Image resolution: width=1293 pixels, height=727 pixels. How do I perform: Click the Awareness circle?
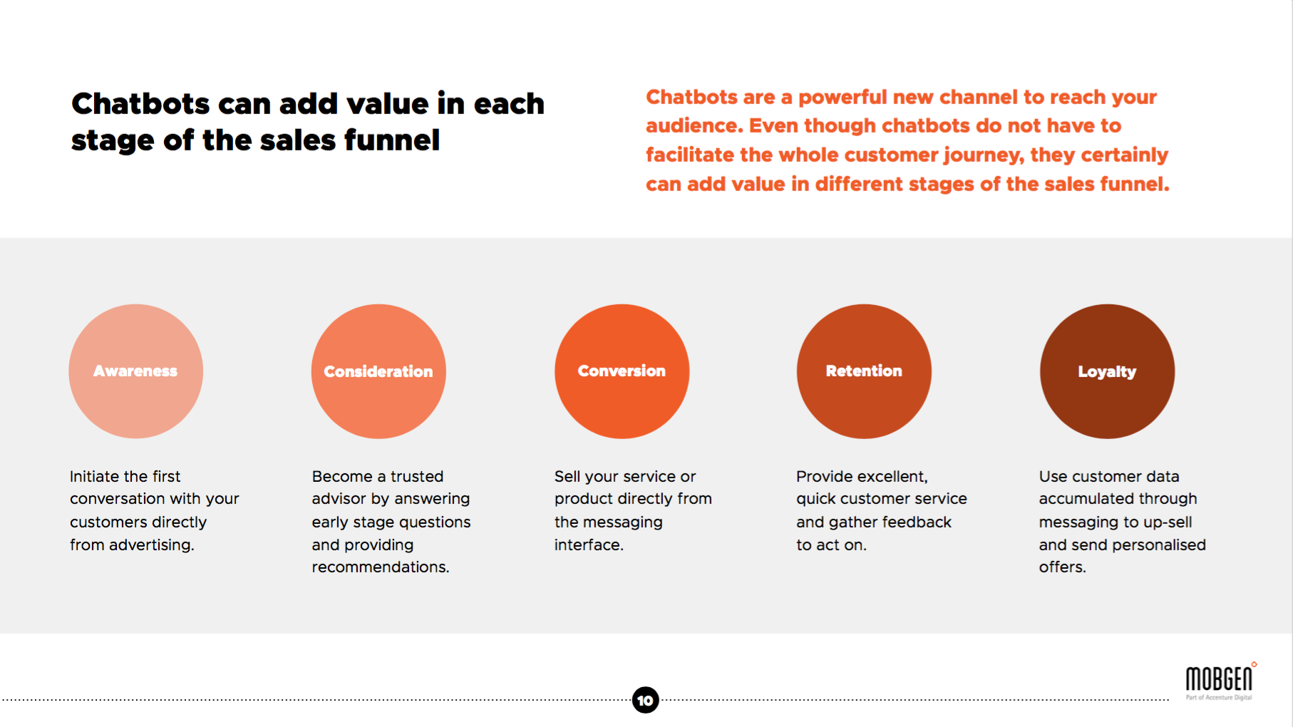[135, 371]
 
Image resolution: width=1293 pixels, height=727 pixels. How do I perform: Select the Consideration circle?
[378, 371]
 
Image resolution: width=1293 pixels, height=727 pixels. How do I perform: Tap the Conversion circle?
[622, 371]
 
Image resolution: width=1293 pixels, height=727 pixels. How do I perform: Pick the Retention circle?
[864, 371]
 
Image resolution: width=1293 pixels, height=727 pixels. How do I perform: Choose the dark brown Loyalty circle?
[1107, 371]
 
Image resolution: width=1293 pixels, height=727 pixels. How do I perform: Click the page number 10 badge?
[645, 700]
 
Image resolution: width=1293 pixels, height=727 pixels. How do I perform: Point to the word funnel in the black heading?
[392, 140]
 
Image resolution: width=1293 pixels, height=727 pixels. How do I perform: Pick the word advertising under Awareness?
[150, 545]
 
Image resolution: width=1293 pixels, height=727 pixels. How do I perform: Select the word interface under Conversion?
[587, 545]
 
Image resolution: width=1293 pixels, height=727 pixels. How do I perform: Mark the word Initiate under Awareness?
[94, 476]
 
